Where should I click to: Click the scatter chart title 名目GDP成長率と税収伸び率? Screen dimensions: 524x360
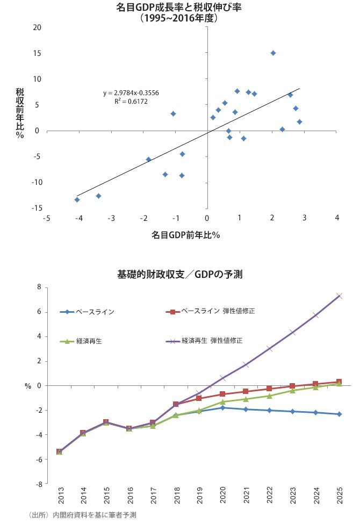point(179,8)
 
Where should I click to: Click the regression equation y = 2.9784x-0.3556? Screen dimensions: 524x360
point(131,93)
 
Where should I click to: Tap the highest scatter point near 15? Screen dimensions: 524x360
point(273,53)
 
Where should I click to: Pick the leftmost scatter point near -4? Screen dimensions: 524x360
point(77,199)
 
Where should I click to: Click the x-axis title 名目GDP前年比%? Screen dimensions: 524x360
point(186,235)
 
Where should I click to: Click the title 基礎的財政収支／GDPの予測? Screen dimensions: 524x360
point(179,274)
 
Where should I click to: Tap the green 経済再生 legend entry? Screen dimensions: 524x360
point(81,341)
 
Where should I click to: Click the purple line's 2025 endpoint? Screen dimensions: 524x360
point(339,296)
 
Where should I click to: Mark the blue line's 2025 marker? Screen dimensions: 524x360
point(339,414)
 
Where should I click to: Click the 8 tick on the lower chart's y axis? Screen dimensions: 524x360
point(39,288)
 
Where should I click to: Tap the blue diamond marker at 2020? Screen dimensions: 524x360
point(222,407)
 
